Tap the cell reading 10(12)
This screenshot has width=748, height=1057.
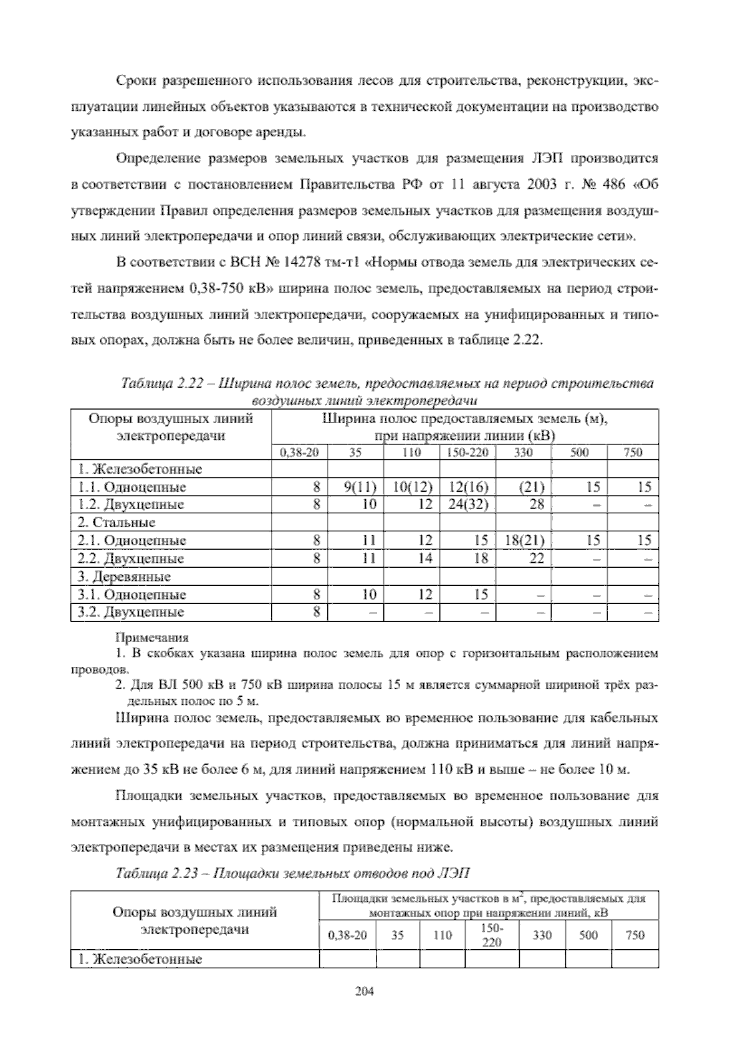point(411,486)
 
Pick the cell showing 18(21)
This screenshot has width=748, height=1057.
point(524,540)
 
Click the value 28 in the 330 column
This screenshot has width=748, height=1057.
point(537,504)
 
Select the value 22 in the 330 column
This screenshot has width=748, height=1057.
point(537,558)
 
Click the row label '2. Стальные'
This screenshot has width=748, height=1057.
point(117,522)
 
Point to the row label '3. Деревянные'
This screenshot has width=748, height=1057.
point(124,576)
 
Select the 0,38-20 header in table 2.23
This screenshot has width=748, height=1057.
point(347,935)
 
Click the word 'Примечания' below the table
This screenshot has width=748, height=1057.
point(152,638)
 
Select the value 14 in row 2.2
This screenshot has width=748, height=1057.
point(424,558)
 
